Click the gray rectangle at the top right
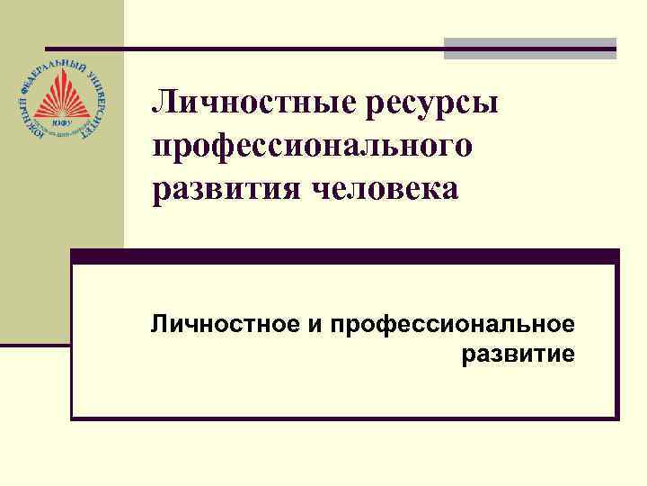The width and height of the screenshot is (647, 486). click(530, 48)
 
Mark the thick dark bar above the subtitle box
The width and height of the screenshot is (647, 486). click(345, 256)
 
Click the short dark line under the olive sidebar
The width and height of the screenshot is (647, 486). click(35, 345)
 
